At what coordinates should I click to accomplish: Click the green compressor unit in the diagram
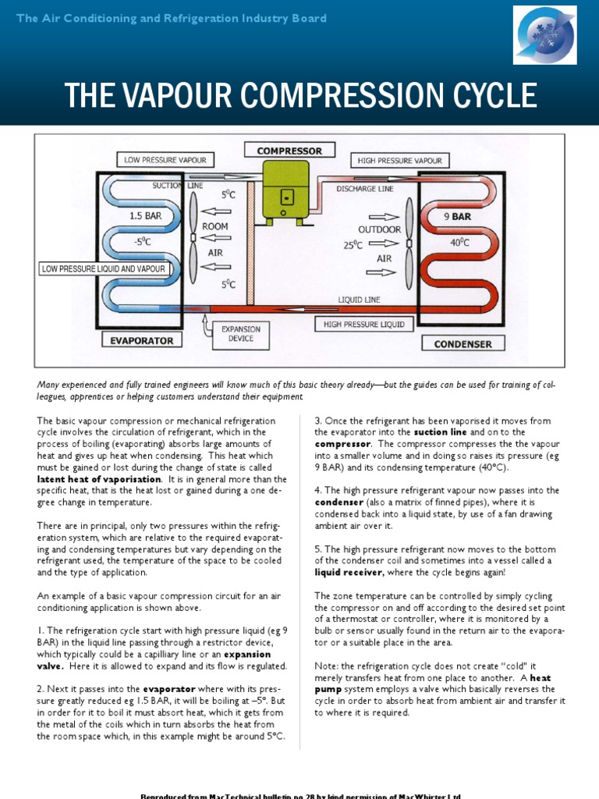click(x=285, y=190)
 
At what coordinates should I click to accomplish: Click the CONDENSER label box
click(x=463, y=343)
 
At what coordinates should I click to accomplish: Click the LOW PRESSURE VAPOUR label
click(x=165, y=160)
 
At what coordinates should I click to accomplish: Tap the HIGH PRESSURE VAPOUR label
click(x=399, y=161)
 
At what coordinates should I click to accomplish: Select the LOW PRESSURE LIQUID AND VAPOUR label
click(x=105, y=269)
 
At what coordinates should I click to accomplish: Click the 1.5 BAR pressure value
click(x=145, y=216)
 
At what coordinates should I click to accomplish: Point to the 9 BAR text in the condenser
click(x=458, y=217)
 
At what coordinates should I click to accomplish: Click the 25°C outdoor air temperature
click(x=353, y=245)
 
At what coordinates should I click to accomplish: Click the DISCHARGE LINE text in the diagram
click(x=365, y=189)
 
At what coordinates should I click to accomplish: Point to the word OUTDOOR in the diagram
click(x=380, y=229)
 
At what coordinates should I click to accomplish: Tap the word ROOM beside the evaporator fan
click(x=215, y=226)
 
